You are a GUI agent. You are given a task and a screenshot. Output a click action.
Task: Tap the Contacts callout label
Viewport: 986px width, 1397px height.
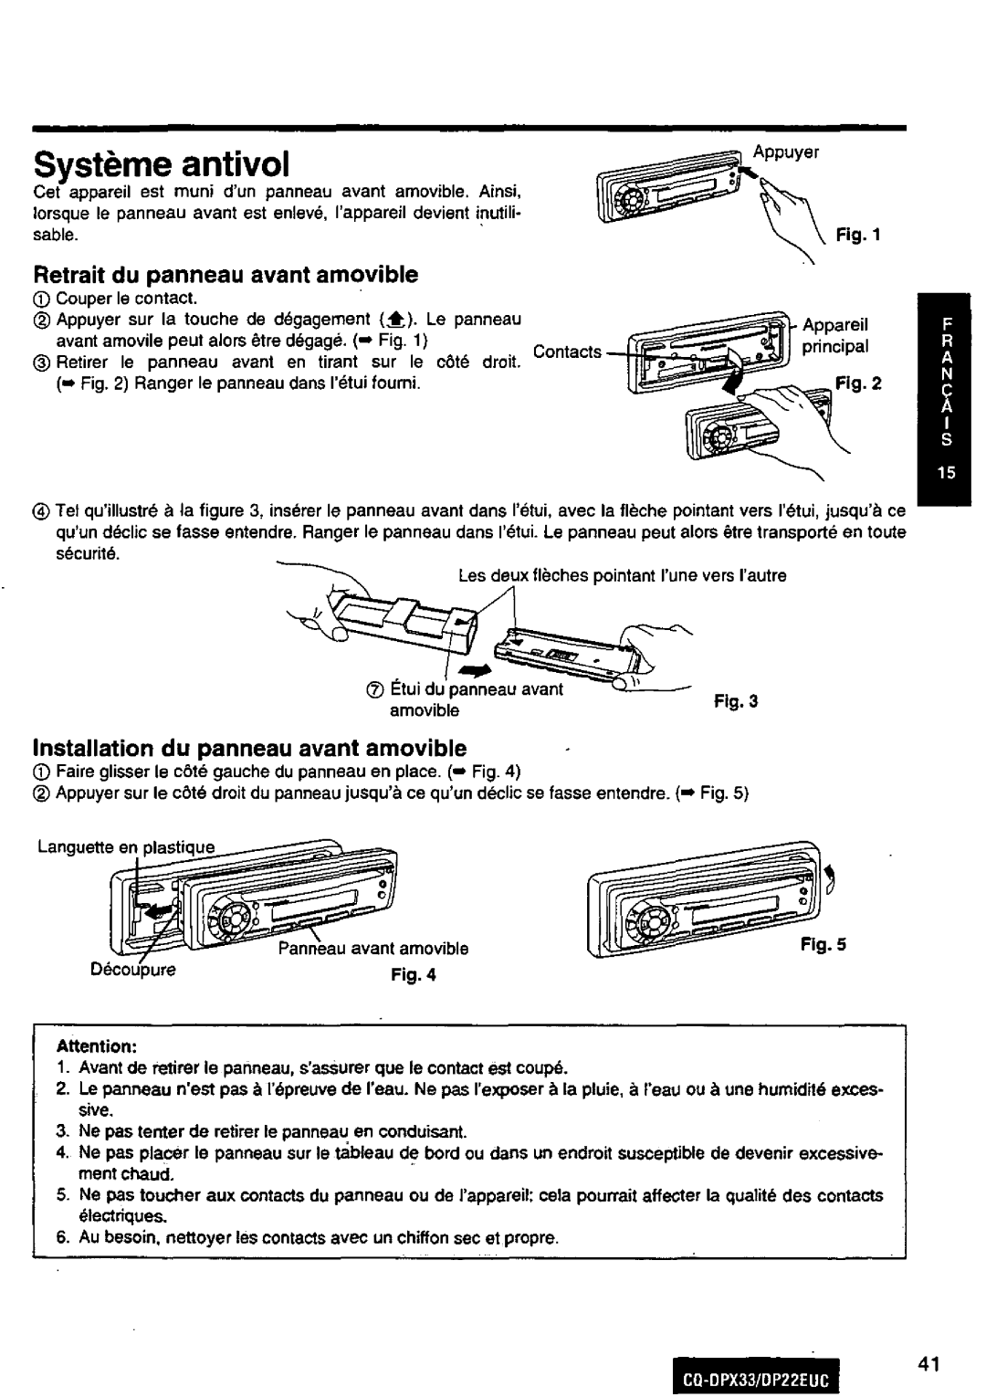pos(567,352)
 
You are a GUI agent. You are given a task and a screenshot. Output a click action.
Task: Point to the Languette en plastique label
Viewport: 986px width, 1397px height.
pos(126,846)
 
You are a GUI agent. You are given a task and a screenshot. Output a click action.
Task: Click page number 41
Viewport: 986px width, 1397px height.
pos(928,1339)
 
